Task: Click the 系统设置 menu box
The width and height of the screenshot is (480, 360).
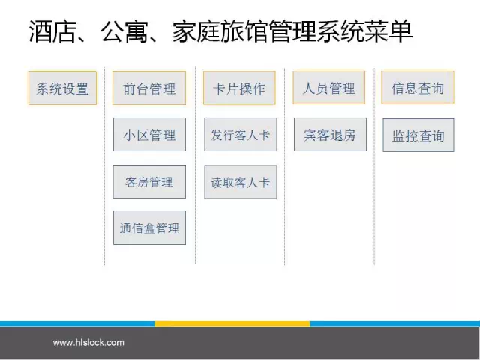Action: pyautogui.click(x=62, y=88)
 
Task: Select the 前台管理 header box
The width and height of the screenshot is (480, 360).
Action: pyautogui.click(x=149, y=88)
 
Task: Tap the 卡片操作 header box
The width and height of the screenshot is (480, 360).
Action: pyautogui.click(x=239, y=88)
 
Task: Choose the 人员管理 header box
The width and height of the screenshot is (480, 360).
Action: pyautogui.click(x=328, y=88)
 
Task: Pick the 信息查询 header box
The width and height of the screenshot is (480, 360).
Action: pyautogui.click(x=418, y=88)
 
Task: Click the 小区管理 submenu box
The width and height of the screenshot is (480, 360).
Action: pyautogui.click(x=149, y=135)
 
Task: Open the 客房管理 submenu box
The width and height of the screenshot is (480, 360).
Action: pyautogui.click(x=149, y=181)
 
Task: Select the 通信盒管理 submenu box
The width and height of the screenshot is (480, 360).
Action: pyautogui.click(x=149, y=228)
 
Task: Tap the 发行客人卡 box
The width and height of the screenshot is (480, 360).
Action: pyautogui.click(x=241, y=135)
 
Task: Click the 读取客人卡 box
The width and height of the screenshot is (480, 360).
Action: pyautogui.click(x=241, y=182)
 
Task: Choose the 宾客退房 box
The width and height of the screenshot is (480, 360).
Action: pyautogui.click(x=330, y=135)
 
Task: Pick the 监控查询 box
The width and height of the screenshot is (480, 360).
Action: pyautogui.click(x=418, y=135)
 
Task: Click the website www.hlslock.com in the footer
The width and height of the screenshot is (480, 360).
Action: pyautogui.click(x=88, y=342)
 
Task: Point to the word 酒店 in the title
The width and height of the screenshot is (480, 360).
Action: pyautogui.click(x=52, y=31)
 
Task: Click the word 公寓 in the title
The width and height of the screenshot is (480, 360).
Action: pyautogui.click(x=124, y=31)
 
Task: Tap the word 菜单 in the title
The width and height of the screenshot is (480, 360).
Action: pyautogui.click(x=388, y=31)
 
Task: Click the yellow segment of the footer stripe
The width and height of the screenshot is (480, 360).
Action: pyautogui.click(x=232, y=324)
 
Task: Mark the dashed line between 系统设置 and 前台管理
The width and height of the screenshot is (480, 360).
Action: pyautogui.click(x=105, y=165)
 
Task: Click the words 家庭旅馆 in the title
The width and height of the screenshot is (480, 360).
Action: pyautogui.click(x=220, y=31)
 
